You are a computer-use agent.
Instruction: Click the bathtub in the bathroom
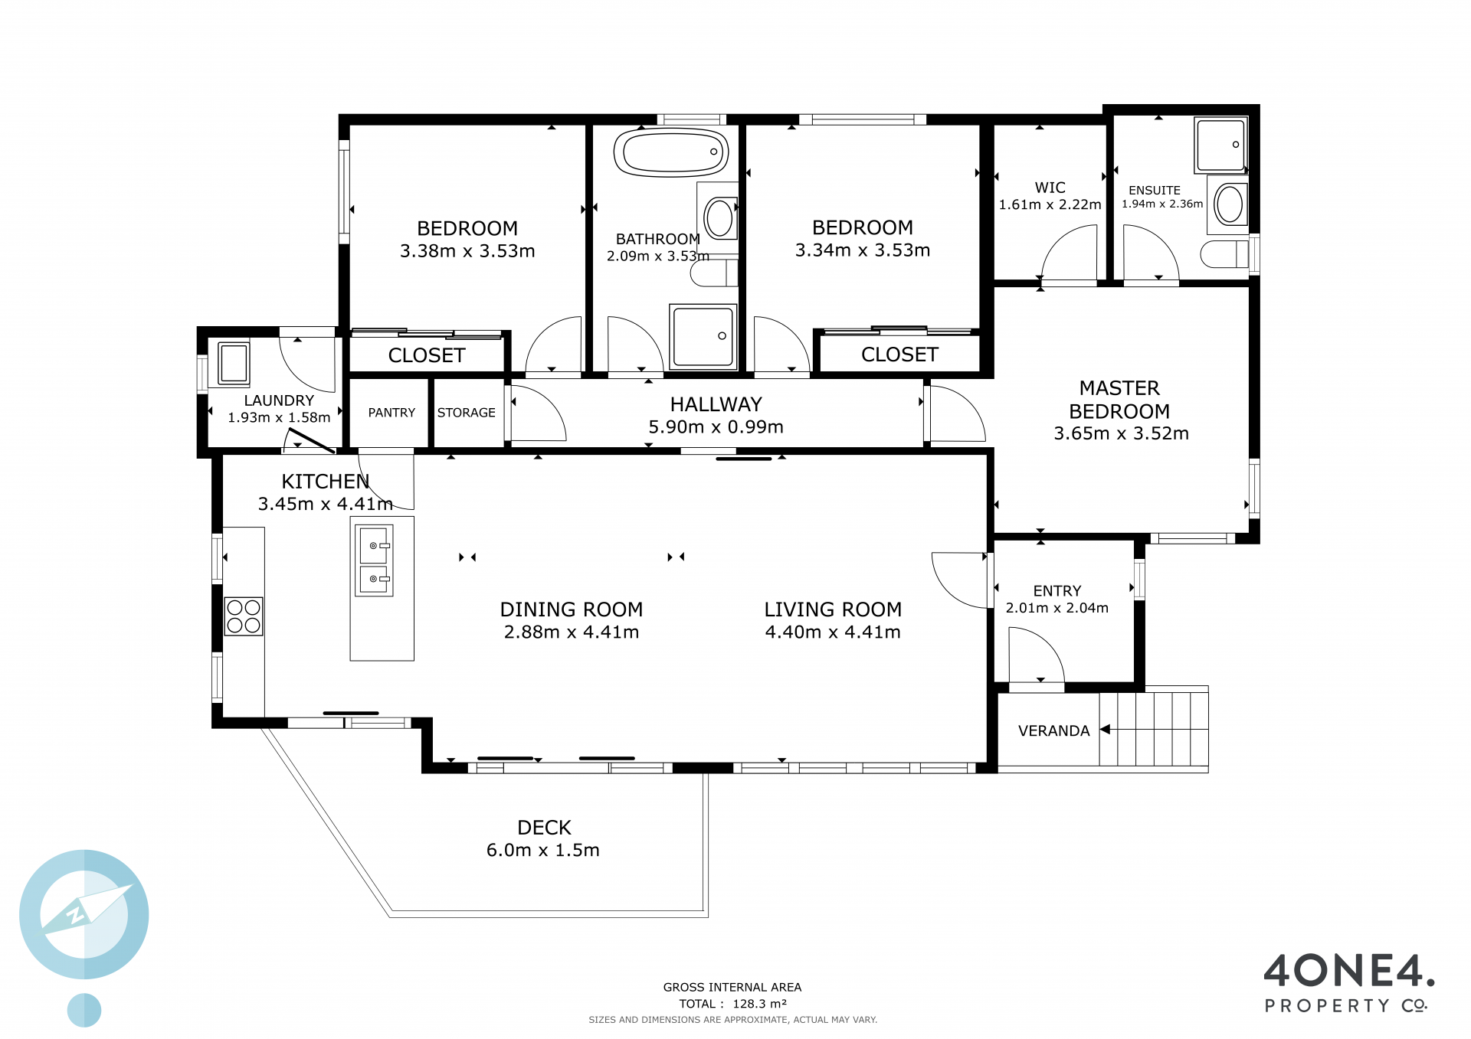point(671,152)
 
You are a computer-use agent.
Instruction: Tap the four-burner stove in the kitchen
point(244,616)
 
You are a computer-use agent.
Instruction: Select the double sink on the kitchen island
point(375,560)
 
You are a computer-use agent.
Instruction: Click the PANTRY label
point(392,413)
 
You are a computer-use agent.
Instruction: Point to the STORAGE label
point(466,413)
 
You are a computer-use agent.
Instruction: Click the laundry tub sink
point(234,362)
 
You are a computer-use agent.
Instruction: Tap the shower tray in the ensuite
point(1220,145)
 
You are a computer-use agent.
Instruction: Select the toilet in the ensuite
point(1224,254)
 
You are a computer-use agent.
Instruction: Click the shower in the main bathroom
point(703,336)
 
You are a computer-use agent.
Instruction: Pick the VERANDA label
point(1053,731)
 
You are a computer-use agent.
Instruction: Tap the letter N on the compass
point(76,914)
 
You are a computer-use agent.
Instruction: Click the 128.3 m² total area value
point(759,1004)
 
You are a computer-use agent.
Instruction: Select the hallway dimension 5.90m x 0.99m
point(716,427)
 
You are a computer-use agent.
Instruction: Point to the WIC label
point(1050,188)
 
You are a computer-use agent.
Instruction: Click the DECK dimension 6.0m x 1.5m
point(542,850)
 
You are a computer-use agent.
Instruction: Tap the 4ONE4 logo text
point(1348,971)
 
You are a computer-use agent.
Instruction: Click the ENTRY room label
point(1057,591)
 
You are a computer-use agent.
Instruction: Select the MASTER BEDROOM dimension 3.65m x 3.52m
point(1121,433)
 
